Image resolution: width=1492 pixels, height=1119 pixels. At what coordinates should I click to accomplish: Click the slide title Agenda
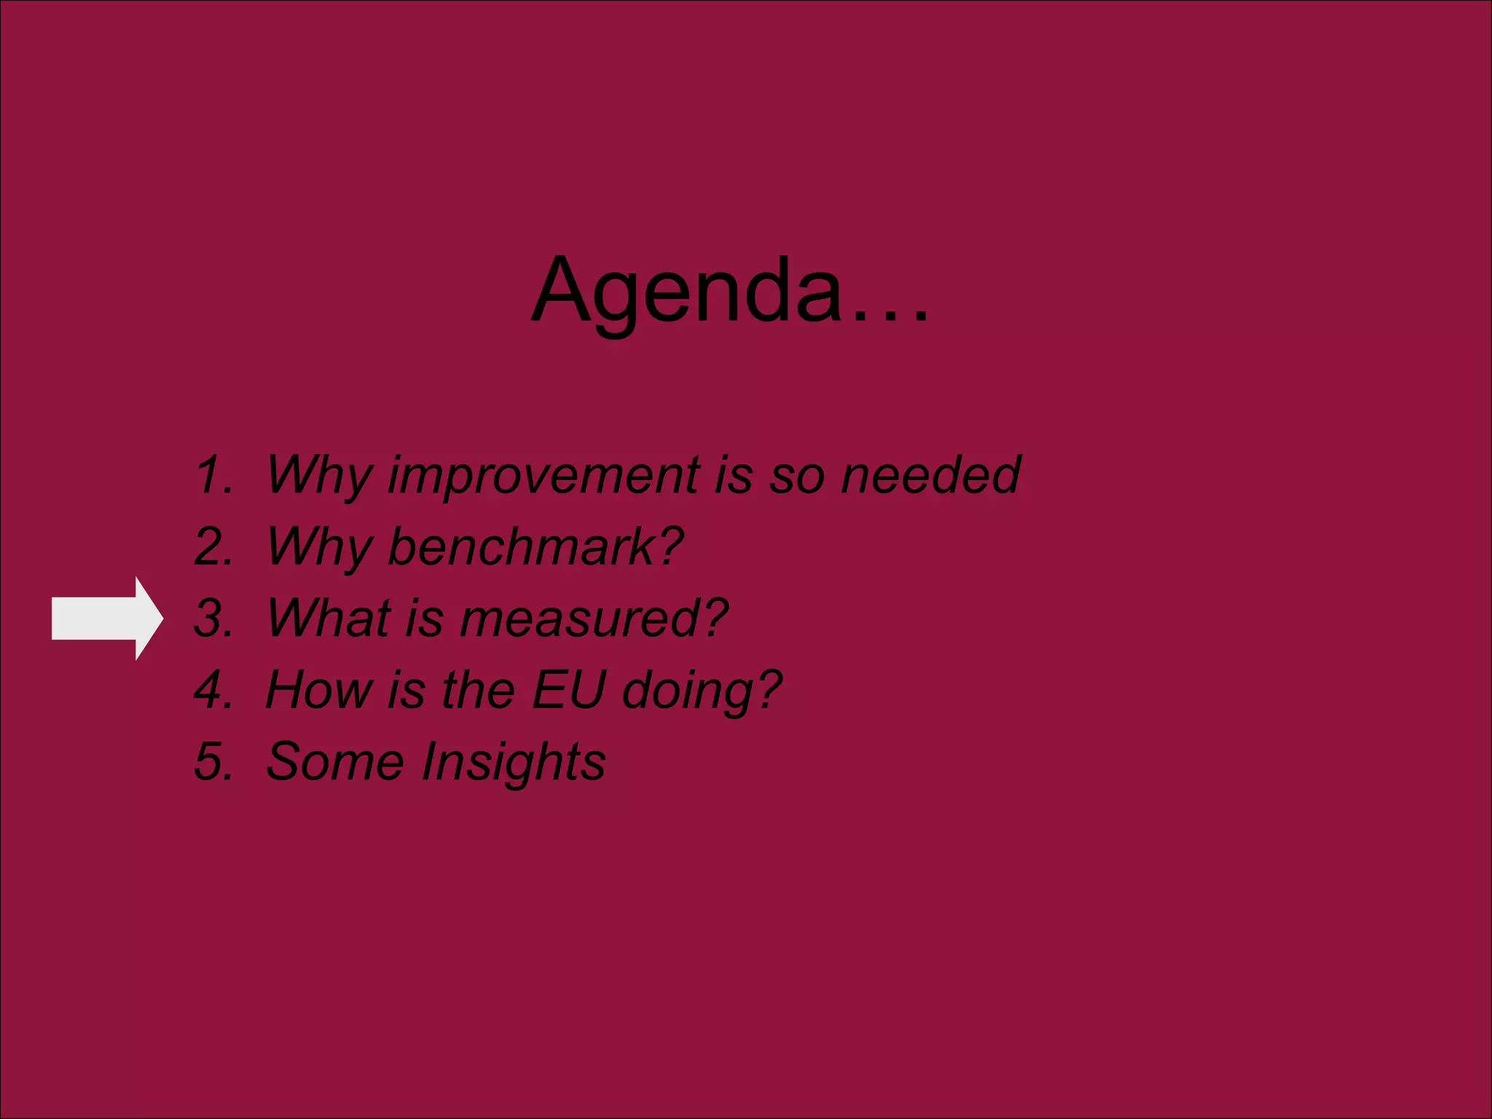[688, 291]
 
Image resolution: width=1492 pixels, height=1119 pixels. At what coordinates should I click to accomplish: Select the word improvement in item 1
[543, 475]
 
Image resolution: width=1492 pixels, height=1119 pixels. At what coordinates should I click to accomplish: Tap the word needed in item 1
[930, 475]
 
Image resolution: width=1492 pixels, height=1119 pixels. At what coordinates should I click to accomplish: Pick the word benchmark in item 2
[522, 546]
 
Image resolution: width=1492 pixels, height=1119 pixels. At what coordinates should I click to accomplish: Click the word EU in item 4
[568, 689]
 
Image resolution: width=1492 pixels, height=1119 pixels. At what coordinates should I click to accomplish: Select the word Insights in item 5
[514, 762]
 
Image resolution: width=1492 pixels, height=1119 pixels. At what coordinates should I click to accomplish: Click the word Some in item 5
[334, 761]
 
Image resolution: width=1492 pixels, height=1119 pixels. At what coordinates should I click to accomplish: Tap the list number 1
[213, 475]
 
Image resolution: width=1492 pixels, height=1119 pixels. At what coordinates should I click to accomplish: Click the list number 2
[213, 546]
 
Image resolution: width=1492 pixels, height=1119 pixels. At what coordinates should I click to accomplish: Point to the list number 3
[213, 619]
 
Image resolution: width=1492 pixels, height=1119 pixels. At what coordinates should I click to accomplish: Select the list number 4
[213, 689]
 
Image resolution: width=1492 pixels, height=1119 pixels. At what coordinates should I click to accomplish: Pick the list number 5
[213, 761]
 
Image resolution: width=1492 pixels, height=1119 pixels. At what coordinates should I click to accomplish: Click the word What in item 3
[329, 619]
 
